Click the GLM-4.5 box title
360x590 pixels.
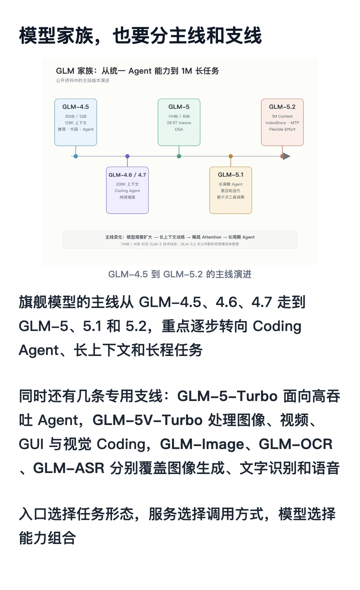76,107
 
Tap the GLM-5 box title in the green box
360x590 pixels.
179,107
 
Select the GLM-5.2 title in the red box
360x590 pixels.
282,107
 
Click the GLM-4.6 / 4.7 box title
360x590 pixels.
127,175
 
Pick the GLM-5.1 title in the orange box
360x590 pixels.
231,175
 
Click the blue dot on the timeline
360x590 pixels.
76,156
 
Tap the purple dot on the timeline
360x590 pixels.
127,156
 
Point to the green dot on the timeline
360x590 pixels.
179,156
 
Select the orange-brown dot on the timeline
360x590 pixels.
231,156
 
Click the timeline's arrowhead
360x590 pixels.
287,156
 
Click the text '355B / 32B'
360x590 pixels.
76,116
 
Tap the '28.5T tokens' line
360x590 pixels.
179,123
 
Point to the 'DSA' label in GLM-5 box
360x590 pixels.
179,129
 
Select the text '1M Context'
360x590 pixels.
282,116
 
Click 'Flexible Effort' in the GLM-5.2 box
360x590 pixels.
282,129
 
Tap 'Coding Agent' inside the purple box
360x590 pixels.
127,191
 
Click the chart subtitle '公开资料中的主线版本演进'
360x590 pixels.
83,80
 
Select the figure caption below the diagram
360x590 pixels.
180,274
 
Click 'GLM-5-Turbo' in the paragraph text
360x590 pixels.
227,396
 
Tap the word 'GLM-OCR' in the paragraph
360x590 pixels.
296,444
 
